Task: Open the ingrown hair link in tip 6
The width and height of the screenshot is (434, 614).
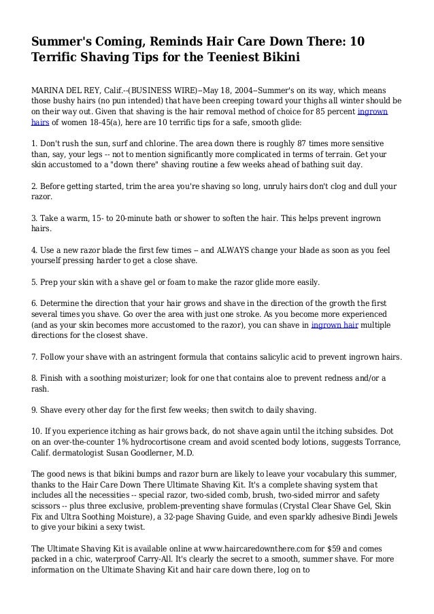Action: (334, 326)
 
